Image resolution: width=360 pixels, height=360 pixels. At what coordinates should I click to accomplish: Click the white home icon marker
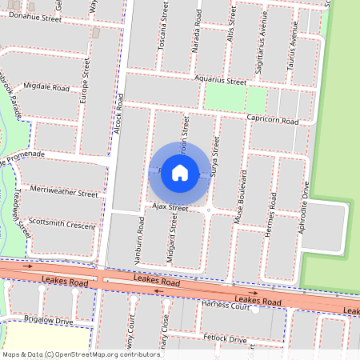(180, 172)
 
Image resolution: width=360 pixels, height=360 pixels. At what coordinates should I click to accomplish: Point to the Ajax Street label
(169, 208)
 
